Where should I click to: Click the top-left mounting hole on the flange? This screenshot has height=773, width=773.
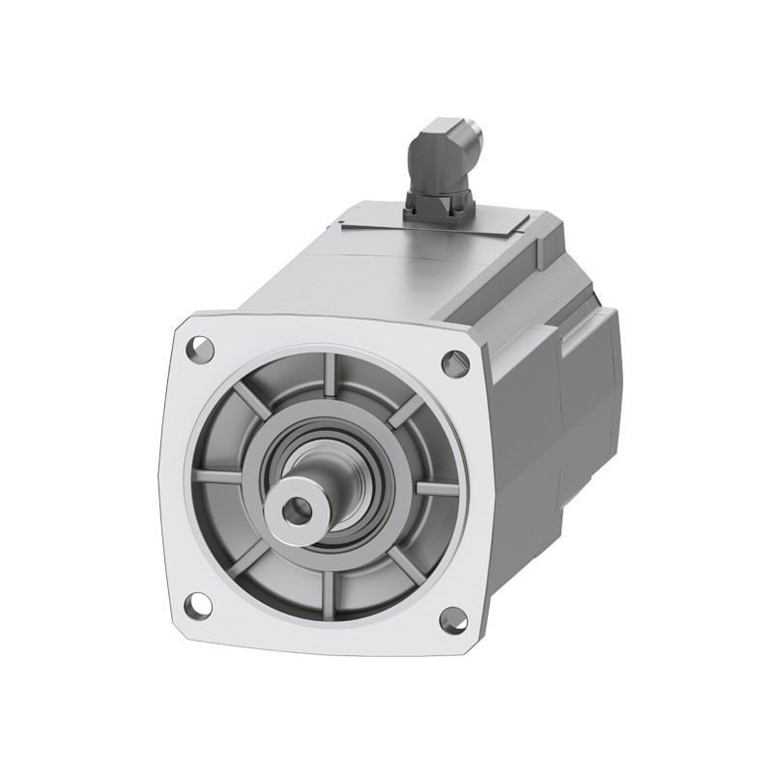tap(201, 347)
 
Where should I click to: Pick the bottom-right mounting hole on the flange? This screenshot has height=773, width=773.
tap(451, 619)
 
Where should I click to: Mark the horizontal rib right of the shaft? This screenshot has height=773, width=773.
tap(433, 488)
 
